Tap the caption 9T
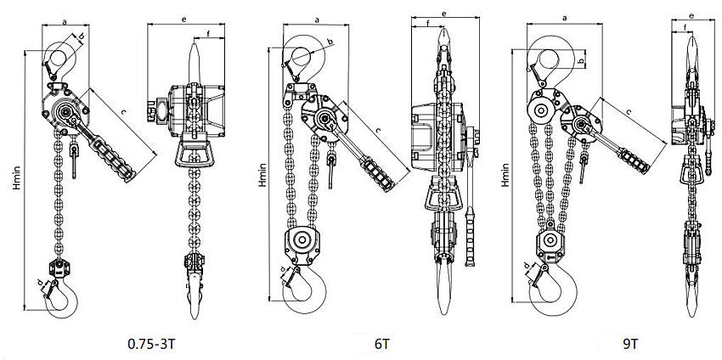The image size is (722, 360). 629,345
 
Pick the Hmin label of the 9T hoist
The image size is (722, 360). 507,177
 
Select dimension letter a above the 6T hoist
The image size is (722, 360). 317,18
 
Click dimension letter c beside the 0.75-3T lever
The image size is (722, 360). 124,111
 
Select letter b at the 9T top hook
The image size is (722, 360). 580,61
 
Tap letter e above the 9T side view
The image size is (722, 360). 691,15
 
